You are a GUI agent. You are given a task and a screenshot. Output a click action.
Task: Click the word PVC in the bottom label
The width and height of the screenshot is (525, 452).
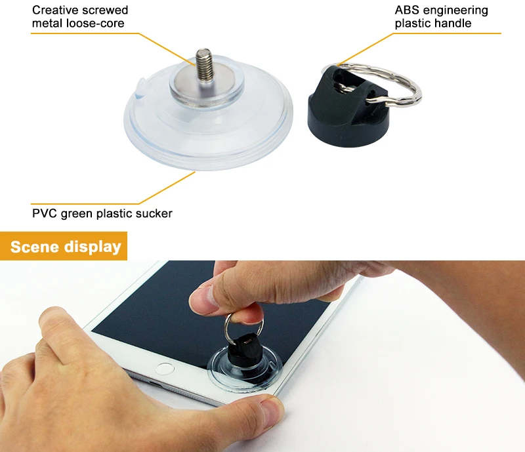pyautogui.click(x=44, y=213)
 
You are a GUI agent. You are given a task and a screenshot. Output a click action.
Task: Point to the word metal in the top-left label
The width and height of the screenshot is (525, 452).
pyautogui.click(x=47, y=24)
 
